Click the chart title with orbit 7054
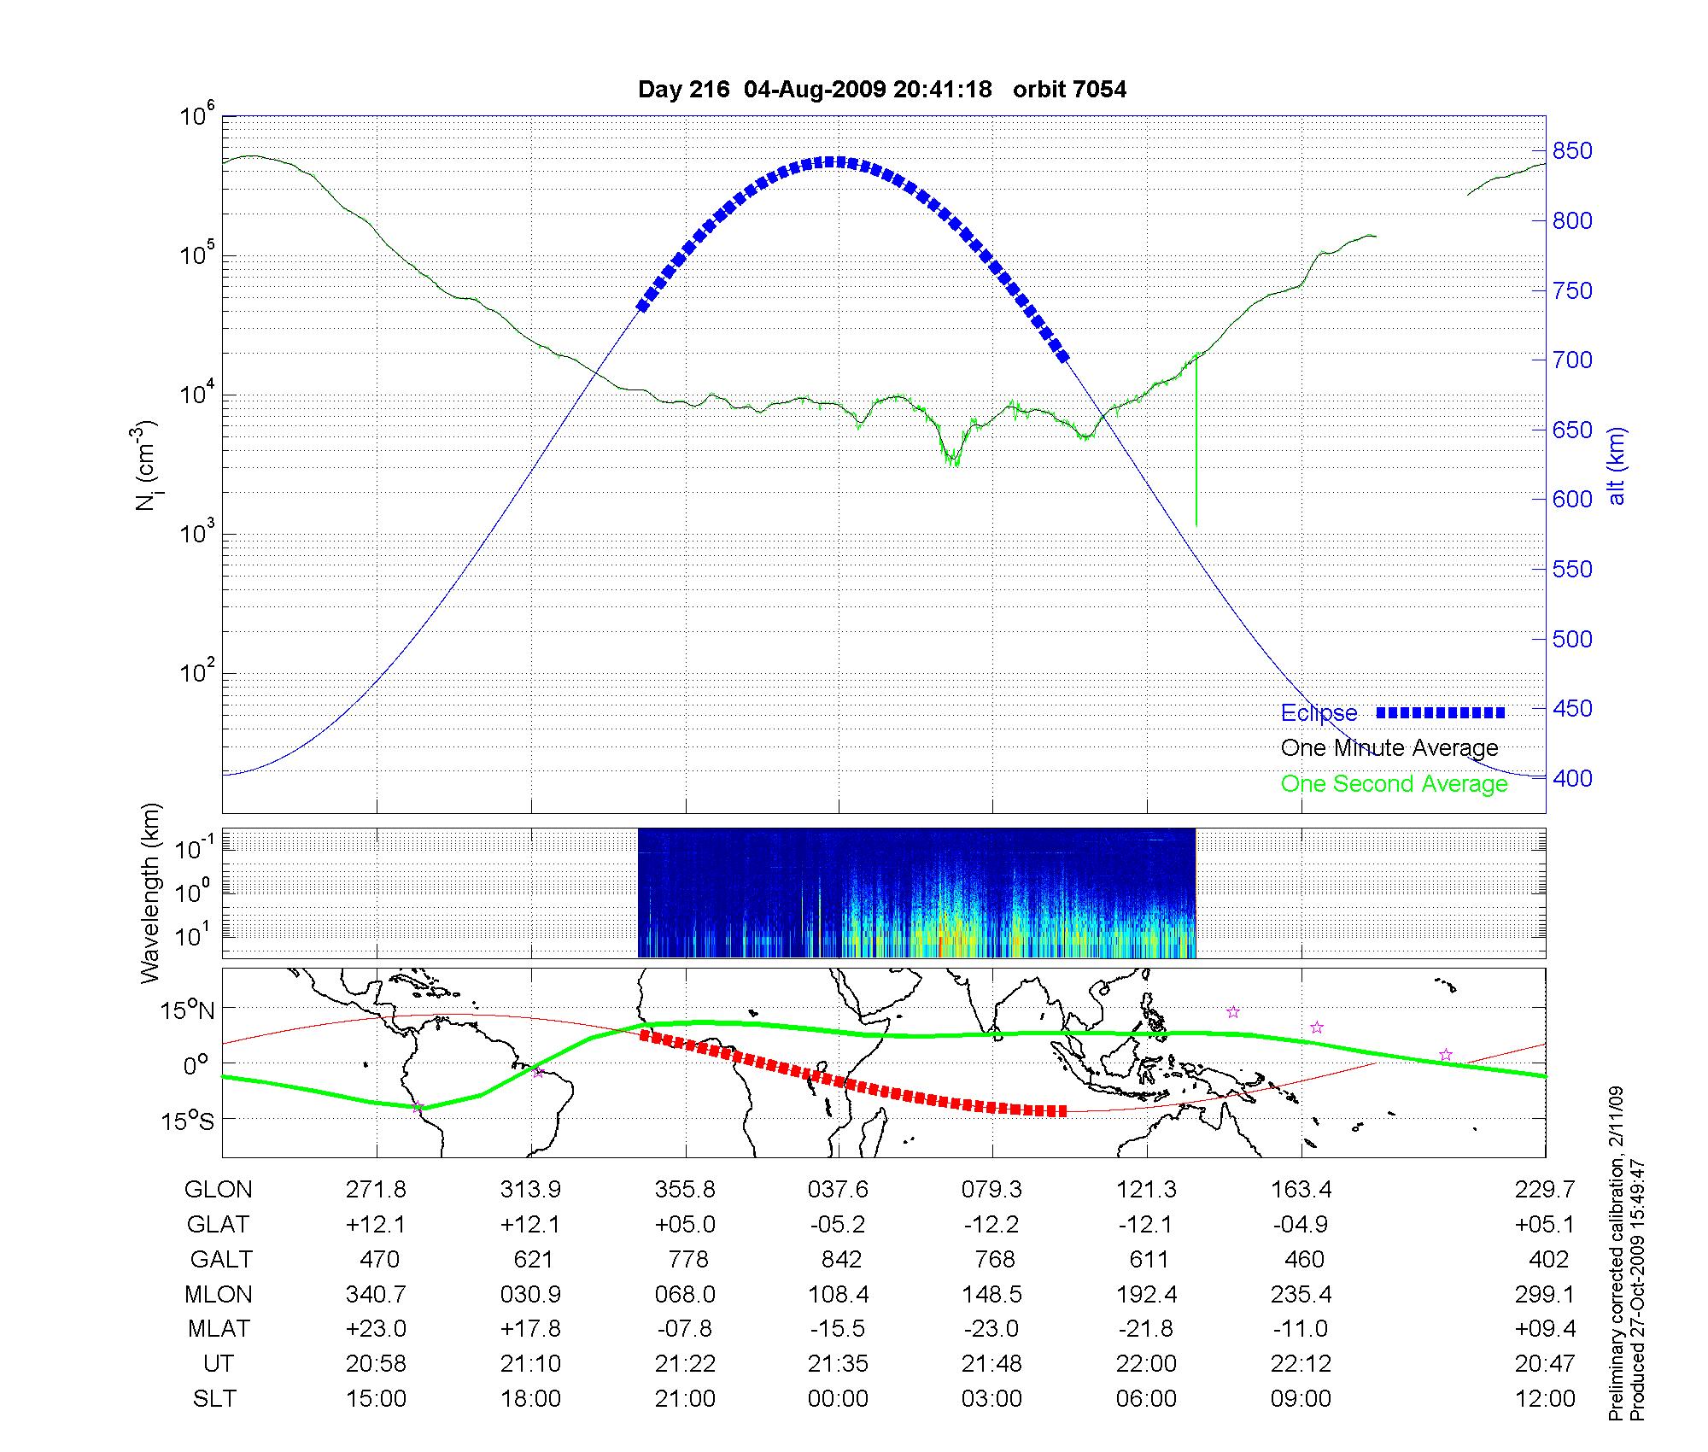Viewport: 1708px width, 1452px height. click(881, 89)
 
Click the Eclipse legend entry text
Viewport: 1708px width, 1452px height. click(1319, 712)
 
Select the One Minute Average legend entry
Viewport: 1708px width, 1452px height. click(1389, 748)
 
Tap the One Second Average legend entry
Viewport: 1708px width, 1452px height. click(1394, 783)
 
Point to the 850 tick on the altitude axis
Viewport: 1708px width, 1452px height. click(1572, 151)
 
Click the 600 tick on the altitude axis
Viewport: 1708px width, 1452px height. click(1572, 499)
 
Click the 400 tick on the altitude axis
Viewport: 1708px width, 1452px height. click(1572, 778)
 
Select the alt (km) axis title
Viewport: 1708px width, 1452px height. click(1617, 465)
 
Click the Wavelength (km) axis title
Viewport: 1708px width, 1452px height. click(150, 893)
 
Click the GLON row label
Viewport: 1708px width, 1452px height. click(218, 1189)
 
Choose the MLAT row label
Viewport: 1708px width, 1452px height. click(219, 1329)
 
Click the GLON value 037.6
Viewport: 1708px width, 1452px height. click(838, 1189)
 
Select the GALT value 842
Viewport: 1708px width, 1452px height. click(840, 1259)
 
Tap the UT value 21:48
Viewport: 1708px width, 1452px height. click(991, 1364)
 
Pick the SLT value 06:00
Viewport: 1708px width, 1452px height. click(1146, 1399)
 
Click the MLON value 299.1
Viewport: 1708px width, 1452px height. click(1544, 1294)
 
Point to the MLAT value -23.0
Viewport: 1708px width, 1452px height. click(991, 1329)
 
